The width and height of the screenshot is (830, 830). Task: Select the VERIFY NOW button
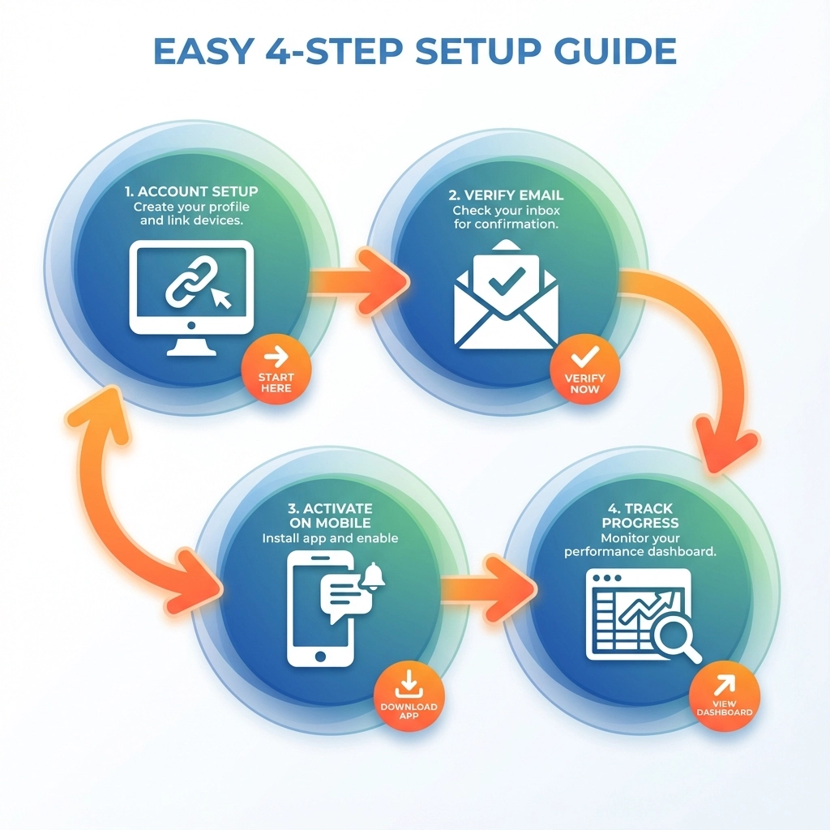(584, 370)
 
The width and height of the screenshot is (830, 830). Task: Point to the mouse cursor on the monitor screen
(221, 299)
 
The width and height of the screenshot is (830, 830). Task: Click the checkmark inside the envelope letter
(507, 282)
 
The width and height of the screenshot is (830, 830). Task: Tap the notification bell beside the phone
(374, 578)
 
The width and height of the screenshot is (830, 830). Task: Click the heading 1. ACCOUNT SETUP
(191, 192)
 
